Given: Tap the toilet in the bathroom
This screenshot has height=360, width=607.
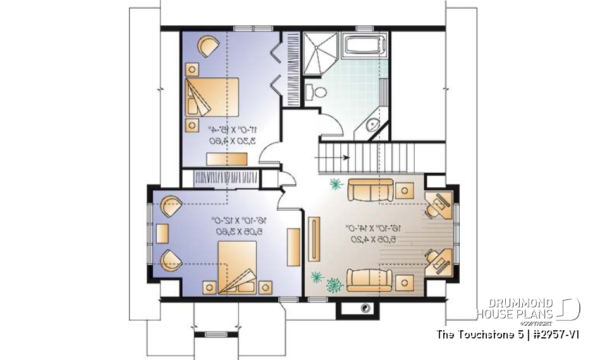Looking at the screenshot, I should coord(315,92).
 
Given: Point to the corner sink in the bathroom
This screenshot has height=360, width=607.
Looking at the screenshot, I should coord(373,125).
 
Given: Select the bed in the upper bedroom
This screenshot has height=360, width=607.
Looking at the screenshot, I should coord(212,97).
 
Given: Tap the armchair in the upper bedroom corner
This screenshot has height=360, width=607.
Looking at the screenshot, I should coord(207,46).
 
